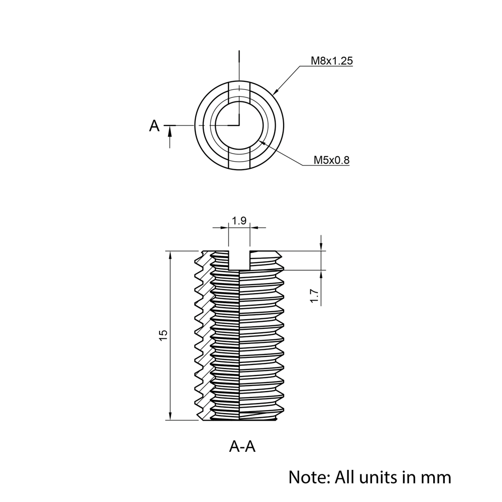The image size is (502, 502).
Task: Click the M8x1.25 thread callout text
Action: [332, 61]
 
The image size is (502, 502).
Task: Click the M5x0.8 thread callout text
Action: [331, 160]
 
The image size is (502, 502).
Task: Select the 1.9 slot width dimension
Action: [239, 220]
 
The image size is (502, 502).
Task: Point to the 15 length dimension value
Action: [163, 335]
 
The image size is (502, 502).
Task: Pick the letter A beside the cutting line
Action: [154, 126]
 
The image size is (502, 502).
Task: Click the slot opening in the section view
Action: [239, 260]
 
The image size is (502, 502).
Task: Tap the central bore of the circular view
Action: [239, 125]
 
